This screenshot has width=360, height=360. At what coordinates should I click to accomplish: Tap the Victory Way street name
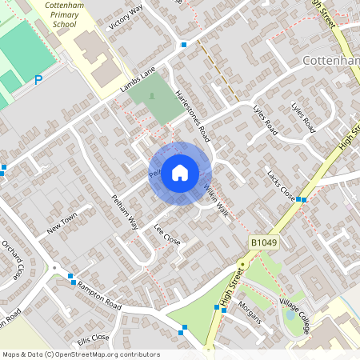[125, 16]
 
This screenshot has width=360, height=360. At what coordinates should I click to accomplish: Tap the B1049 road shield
[263, 242]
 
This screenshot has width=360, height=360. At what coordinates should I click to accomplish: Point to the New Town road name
[62, 223]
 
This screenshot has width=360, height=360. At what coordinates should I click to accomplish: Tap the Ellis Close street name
[93, 338]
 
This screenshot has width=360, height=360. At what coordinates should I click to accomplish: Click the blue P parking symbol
[38, 80]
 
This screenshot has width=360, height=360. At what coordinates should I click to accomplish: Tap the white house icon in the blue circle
[180, 172]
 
